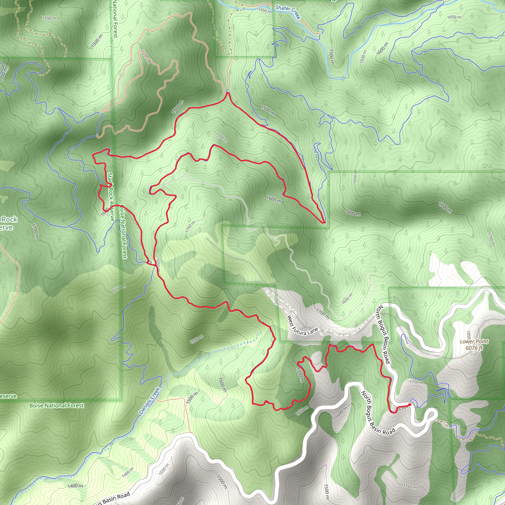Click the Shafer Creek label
pos(288,12)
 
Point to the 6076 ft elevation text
pos(474,348)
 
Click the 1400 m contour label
pos(75,486)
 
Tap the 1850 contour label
pos(469,335)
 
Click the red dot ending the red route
pos(410,404)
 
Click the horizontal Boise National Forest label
pos(56,405)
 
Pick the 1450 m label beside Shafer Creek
pos(265,10)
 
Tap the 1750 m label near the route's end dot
pos(416,382)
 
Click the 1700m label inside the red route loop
pos(300,375)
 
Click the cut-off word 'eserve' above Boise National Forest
pos(8,396)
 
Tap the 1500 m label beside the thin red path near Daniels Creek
pos(192,397)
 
